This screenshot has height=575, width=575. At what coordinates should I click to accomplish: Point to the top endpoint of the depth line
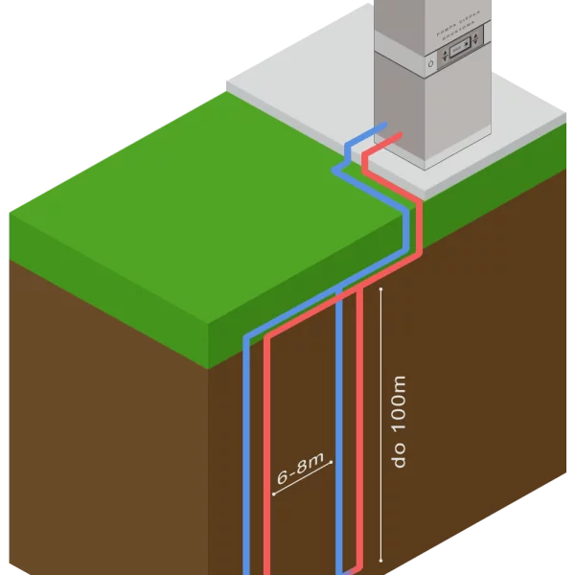click(x=382, y=288)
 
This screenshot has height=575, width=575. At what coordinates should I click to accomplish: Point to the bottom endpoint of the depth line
click(x=382, y=559)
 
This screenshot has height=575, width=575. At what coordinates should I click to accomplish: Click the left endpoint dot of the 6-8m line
click(x=273, y=495)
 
